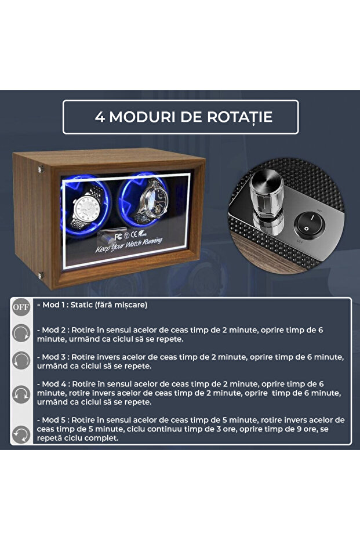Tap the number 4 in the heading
[x=99, y=117]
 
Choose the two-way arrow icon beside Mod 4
[x=21, y=394]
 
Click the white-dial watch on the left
[x=87, y=208]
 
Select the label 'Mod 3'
[x=53, y=356]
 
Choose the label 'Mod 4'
[x=53, y=384]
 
